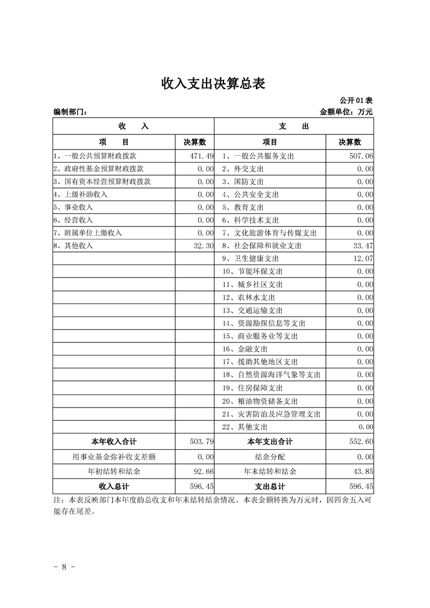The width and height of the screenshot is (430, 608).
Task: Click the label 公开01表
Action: [x=356, y=101]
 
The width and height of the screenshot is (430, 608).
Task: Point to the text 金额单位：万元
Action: [x=346, y=112]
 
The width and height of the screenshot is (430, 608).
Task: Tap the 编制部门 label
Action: [x=70, y=112]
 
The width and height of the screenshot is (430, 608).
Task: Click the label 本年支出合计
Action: [x=269, y=442]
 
